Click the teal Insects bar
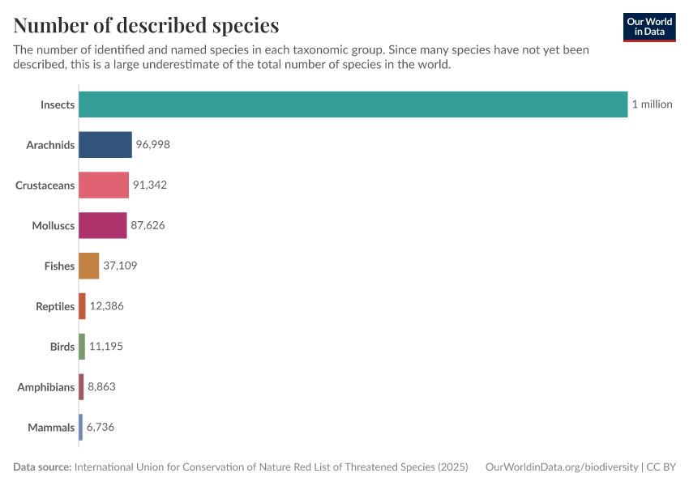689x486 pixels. click(x=353, y=104)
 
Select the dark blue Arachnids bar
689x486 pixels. click(x=105, y=145)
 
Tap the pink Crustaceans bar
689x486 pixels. click(x=104, y=185)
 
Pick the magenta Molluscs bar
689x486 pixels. click(x=103, y=225)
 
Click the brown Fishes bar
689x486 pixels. click(x=89, y=266)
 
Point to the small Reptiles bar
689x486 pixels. click(x=82, y=306)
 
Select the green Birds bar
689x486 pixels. click(x=82, y=347)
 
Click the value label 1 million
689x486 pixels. click(x=652, y=104)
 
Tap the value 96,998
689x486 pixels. click(x=152, y=145)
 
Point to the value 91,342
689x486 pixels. click(x=149, y=185)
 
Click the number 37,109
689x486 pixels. click(x=120, y=266)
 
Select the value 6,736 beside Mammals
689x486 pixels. click(x=101, y=427)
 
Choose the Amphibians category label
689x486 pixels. click(x=46, y=387)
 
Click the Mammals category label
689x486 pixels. click(x=51, y=428)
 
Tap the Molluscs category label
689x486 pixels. click(x=53, y=226)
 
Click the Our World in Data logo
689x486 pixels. click(x=649, y=27)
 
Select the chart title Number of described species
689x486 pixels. click(x=146, y=25)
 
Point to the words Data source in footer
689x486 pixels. click(x=41, y=467)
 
